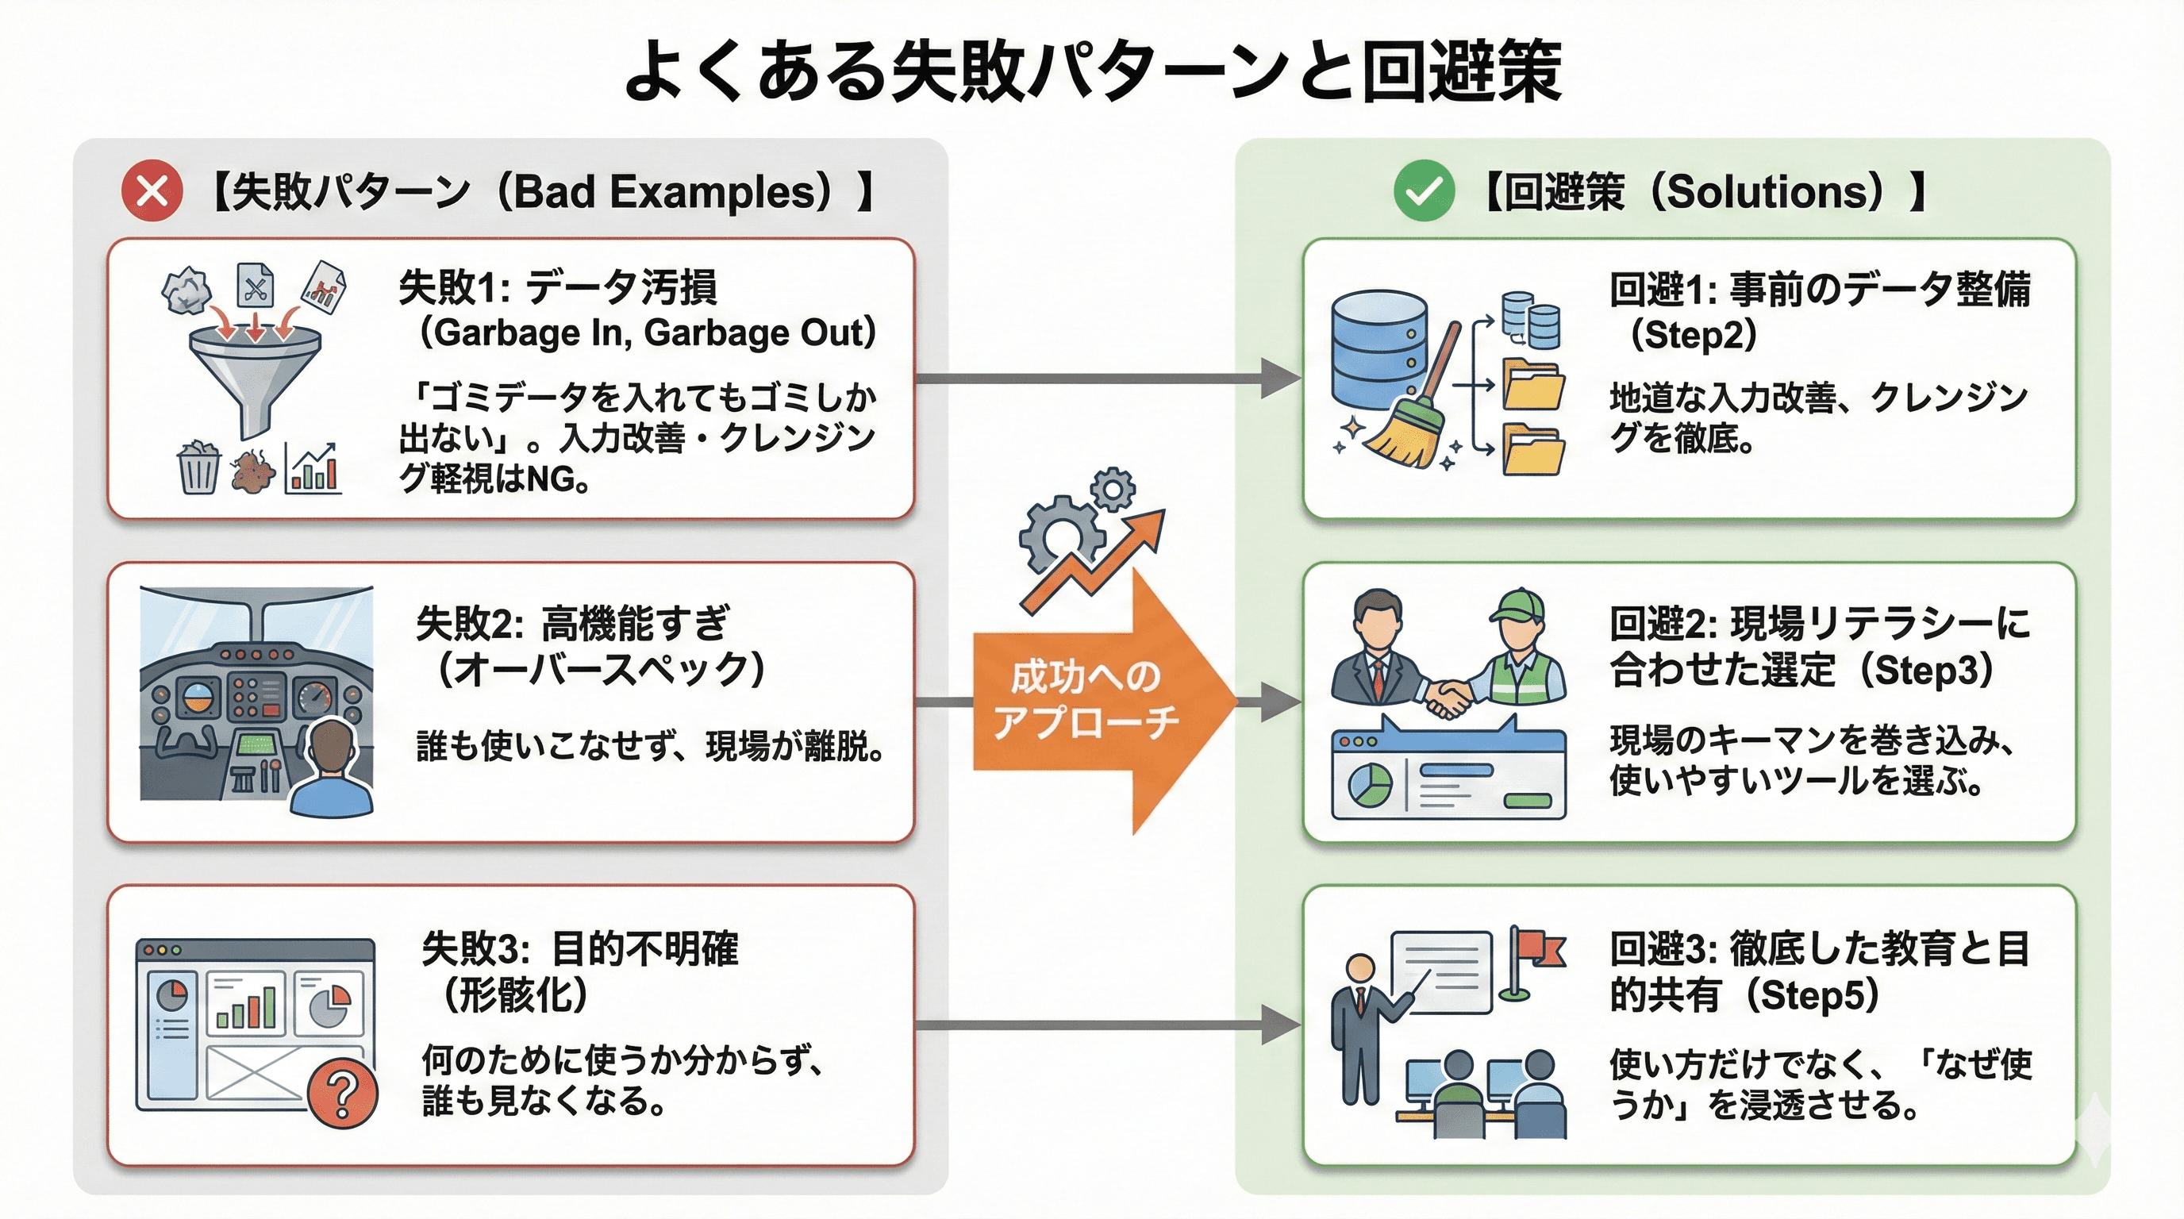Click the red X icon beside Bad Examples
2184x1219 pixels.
152,190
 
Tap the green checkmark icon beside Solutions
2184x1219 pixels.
1424,190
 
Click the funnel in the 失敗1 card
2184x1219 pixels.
254,373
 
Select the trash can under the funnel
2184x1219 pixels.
198,468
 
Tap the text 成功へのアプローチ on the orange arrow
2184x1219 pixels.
1085,699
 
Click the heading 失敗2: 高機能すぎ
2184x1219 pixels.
572,624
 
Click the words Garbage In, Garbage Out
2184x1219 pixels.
648,333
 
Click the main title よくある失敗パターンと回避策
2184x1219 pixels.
1092,71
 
